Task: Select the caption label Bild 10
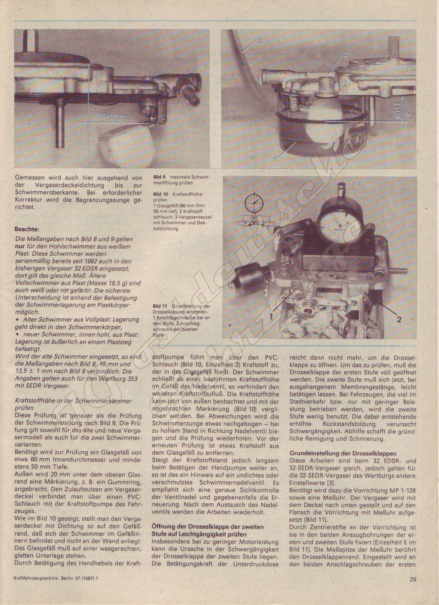(160, 194)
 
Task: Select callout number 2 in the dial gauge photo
(398, 319)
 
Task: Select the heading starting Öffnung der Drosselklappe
(208, 527)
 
